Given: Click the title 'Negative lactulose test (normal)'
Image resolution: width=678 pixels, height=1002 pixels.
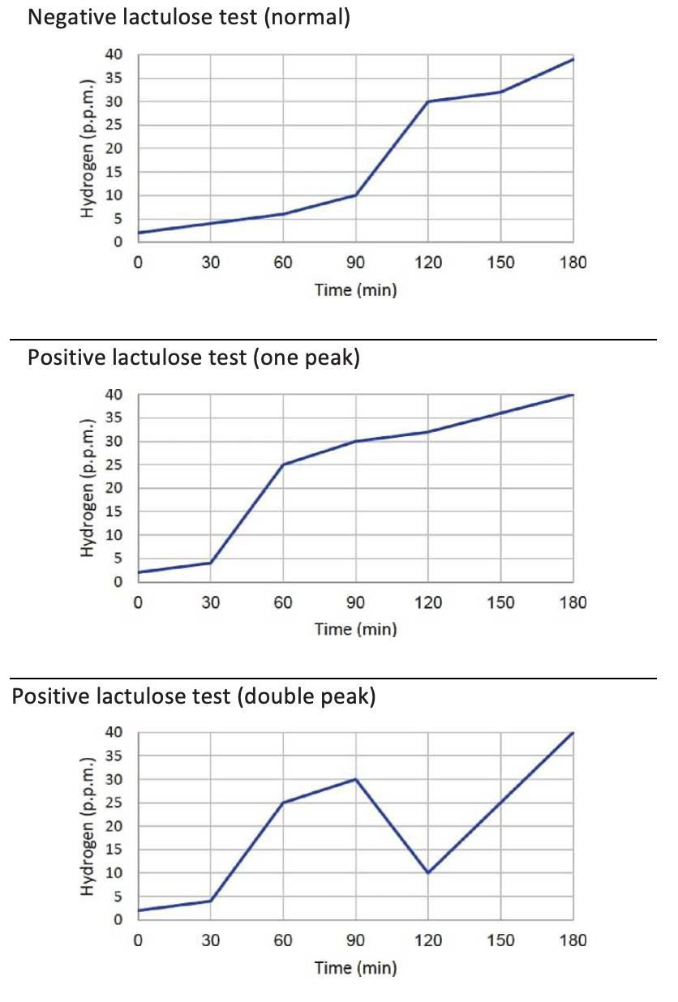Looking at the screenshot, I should click(x=189, y=17).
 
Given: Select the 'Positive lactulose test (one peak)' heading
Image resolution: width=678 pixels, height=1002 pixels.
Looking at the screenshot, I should click(x=194, y=358).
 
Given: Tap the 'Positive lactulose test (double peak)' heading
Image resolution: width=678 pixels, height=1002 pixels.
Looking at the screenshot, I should click(x=194, y=696).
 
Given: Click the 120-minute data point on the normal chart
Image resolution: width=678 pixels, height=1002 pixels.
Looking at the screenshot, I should click(x=428, y=101).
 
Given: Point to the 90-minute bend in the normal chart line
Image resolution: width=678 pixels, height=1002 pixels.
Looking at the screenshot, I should click(x=356, y=195).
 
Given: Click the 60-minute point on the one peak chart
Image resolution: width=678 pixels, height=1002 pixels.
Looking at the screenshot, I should click(x=283, y=465).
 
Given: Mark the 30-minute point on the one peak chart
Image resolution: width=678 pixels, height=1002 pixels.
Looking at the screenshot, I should click(x=211, y=563).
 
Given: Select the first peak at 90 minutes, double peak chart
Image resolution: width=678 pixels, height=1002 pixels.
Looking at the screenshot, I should click(x=356, y=779).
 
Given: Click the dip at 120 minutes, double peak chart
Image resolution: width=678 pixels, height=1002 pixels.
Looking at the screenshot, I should click(x=428, y=873).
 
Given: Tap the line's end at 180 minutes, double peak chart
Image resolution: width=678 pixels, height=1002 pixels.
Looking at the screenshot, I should click(x=573, y=733).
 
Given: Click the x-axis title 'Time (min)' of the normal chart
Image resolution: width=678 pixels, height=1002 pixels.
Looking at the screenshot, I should click(x=356, y=290).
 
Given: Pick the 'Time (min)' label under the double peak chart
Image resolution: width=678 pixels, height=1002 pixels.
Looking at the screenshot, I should click(x=356, y=968).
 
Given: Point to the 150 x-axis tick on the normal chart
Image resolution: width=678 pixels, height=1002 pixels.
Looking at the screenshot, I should click(x=501, y=263).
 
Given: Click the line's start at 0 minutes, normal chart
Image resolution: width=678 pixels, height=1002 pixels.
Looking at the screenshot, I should click(x=139, y=233).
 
